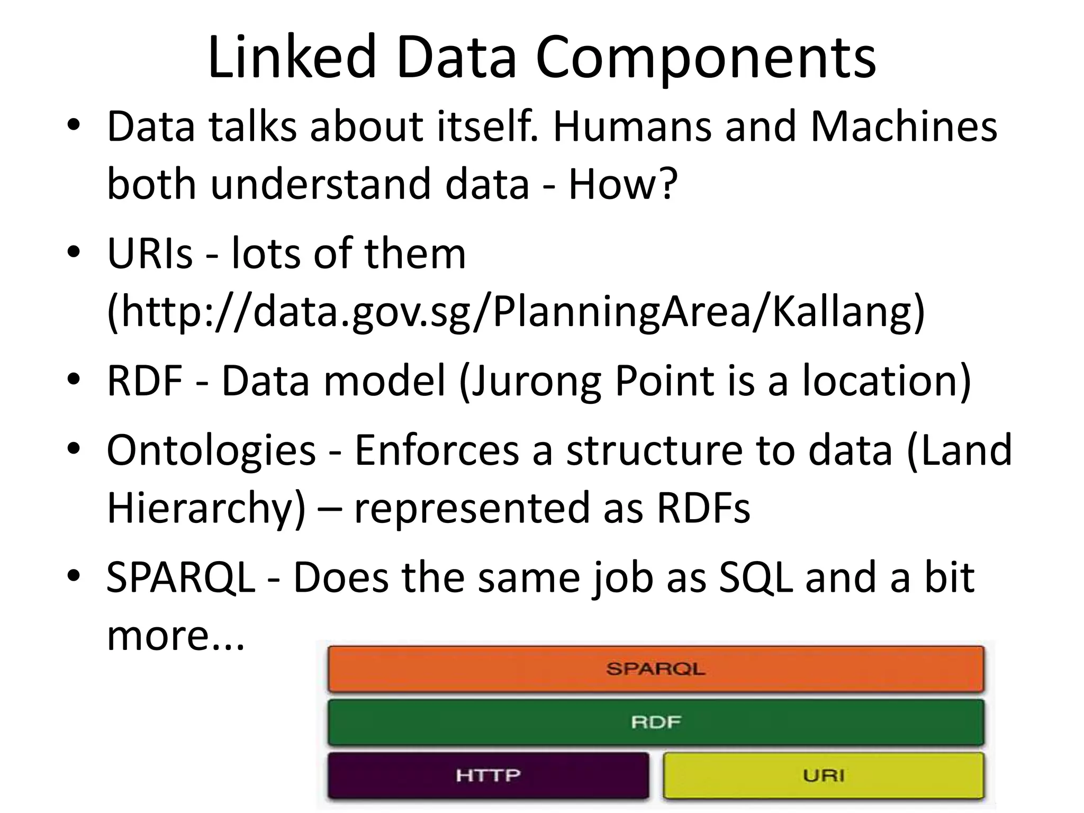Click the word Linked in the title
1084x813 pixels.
[291, 57]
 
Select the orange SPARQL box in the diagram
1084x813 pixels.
[655, 669]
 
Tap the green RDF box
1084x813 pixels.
[655, 722]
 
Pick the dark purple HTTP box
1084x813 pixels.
[488, 775]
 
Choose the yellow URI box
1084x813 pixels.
[824, 775]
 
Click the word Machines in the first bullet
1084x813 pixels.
[904, 127]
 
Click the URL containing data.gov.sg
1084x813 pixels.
[516, 312]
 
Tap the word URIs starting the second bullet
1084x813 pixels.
[150, 254]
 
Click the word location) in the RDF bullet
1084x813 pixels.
[887, 381]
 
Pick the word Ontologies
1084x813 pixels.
[211, 450]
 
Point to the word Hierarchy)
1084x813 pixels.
[206, 508]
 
